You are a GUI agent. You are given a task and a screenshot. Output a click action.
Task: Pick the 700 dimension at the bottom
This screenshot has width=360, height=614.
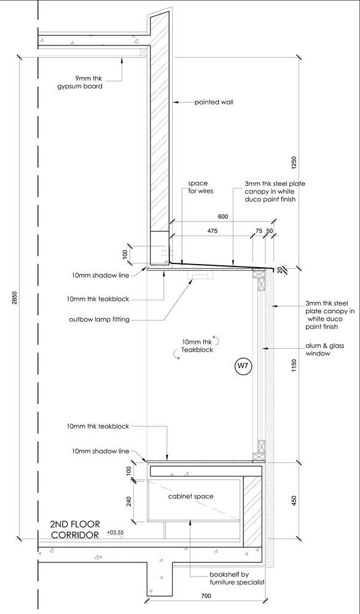(x=206, y=607)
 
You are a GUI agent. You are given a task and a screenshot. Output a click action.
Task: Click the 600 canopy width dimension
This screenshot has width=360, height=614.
(x=223, y=217)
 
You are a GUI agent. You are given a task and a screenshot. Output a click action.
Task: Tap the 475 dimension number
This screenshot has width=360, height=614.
(x=212, y=231)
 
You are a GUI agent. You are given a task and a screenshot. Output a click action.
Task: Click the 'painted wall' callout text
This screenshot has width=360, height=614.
(x=214, y=103)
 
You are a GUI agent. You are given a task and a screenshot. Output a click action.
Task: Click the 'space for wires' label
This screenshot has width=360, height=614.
(x=198, y=187)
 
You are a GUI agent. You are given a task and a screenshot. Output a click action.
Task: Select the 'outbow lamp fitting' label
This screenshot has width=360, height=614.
(x=99, y=319)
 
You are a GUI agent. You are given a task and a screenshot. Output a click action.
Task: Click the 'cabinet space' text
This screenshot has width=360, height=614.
(x=191, y=497)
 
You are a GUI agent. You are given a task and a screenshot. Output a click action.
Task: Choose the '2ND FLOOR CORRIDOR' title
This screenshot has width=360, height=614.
(x=75, y=529)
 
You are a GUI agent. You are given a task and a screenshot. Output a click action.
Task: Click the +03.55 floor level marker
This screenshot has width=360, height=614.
(x=114, y=533)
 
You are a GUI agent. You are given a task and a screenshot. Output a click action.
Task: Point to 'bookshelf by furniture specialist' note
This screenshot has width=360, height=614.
(x=237, y=578)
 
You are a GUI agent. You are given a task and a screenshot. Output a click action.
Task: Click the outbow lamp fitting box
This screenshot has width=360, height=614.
(x=200, y=276)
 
